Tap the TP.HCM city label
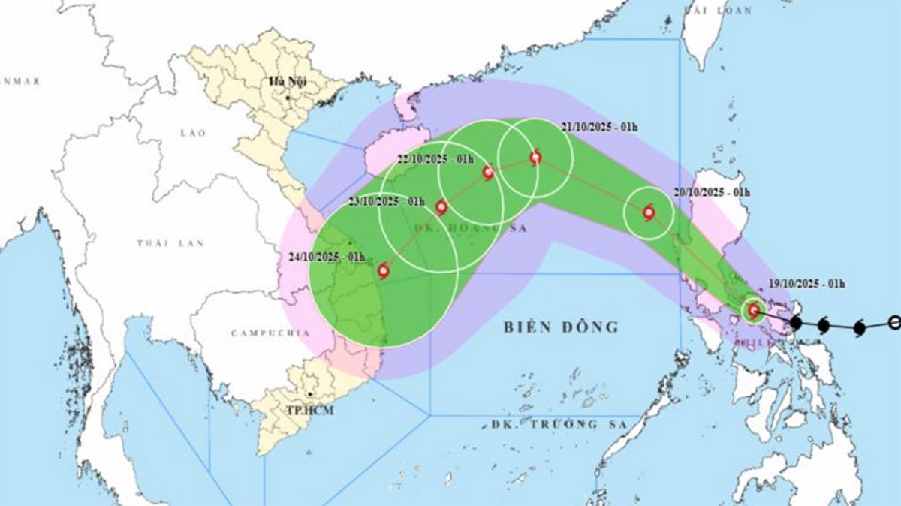[309, 410]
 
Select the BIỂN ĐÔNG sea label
[560, 327]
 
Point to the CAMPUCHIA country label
[261, 333]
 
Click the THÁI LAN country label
[161, 243]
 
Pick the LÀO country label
[193, 133]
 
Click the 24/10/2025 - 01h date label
[326, 257]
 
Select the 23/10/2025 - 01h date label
[387, 202]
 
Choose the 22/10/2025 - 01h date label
[436, 159]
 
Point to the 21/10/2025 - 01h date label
[599, 126]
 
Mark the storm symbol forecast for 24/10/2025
[384, 270]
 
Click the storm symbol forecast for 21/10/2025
[535, 157]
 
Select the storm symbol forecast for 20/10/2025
[649, 212]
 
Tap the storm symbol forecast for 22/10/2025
[488, 173]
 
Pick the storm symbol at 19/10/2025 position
[753, 310]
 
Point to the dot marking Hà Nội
[288, 97]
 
